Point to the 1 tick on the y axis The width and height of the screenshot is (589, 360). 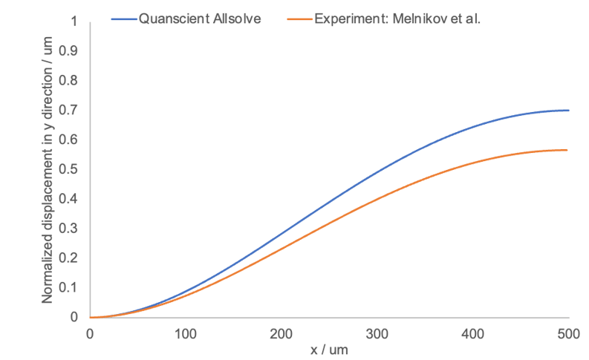pos(73,21)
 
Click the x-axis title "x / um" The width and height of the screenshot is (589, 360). pos(329,347)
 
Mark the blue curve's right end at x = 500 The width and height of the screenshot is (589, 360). pos(568,111)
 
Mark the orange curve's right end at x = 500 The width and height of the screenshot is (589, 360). pos(568,150)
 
